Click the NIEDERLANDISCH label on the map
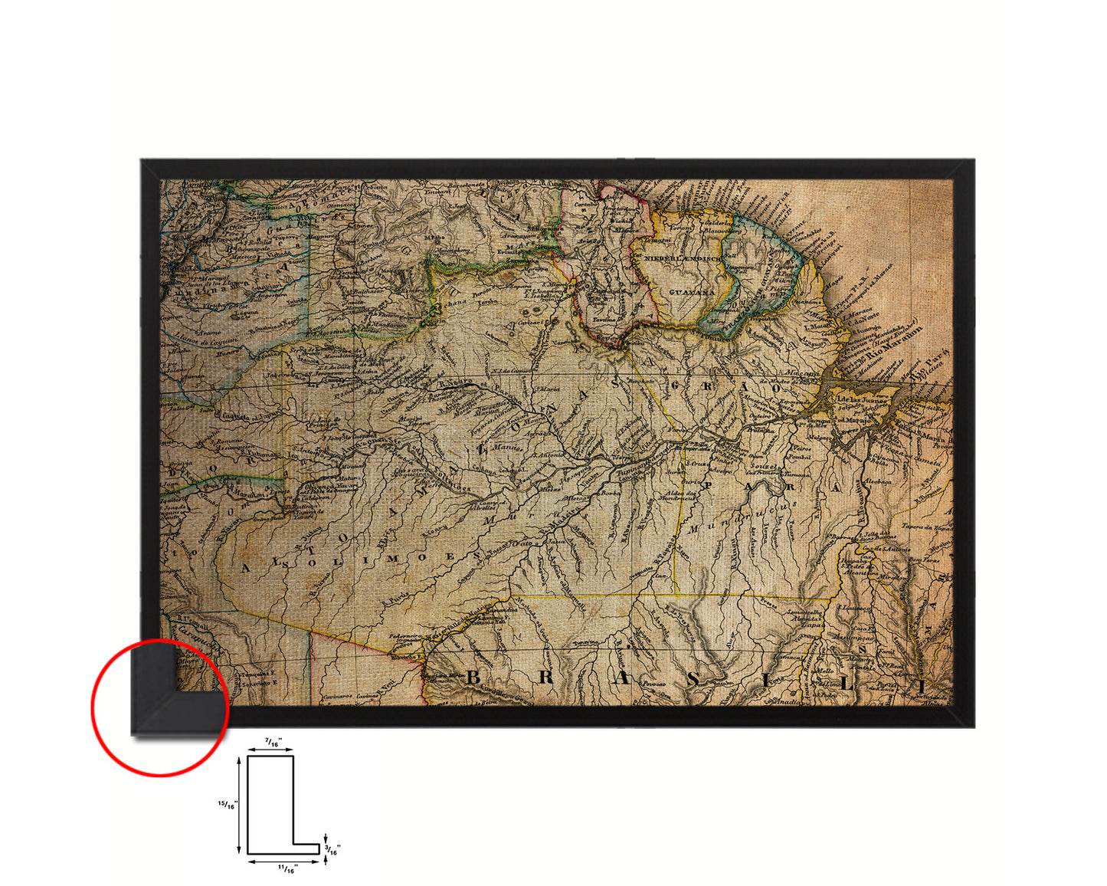[x=681, y=259]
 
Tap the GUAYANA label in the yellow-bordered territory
[x=691, y=293]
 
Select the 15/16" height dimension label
[x=228, y=805]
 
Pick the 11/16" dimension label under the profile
[x=287, y=868]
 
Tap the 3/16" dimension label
[x=333, y=849]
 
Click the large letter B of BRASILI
[x=473, y=677]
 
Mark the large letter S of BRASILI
[x=693, y=679]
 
